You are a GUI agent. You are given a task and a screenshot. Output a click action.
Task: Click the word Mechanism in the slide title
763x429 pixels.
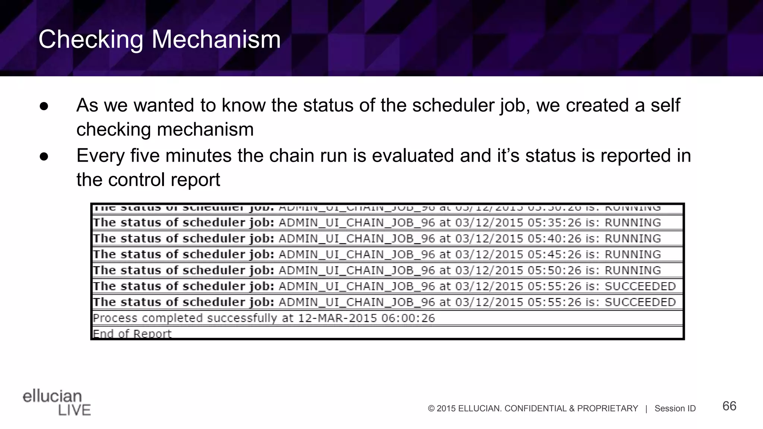(216, 39)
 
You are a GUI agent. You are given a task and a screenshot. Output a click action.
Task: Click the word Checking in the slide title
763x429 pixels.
(91, 39)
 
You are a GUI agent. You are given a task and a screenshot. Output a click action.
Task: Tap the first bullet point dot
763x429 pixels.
(44, 106)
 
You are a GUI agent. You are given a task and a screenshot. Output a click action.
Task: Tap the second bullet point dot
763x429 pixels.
(44, 156)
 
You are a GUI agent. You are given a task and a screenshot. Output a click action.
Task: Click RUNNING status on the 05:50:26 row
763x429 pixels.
(633, 271)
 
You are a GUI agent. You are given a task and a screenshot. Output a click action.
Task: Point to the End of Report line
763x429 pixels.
(132, 333)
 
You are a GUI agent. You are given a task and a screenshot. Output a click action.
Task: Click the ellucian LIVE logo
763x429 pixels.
(57, 403)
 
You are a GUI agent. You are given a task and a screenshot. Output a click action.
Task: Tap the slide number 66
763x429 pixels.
(729, 406)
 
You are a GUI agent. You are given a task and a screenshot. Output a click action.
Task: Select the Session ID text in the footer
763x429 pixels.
(675, 409)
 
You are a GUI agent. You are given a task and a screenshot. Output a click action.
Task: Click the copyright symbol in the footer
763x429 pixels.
(431, 409)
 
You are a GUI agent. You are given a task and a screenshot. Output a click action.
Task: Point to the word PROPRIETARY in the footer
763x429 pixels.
(607, 409)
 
